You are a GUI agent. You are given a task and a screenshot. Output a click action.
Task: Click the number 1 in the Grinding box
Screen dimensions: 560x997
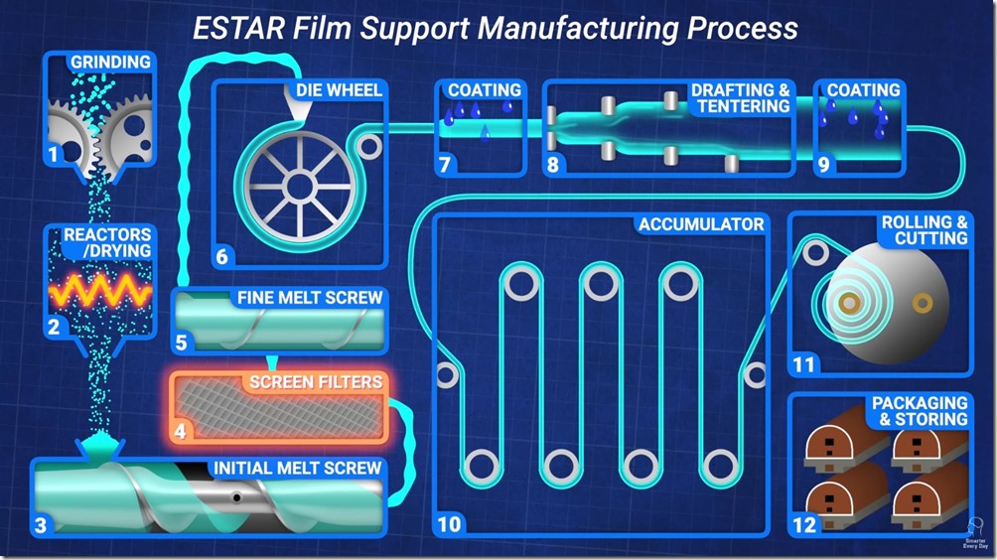53,153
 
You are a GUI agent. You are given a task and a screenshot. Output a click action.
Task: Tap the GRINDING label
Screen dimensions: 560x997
110,63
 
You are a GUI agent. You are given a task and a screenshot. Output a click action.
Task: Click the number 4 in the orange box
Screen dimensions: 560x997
180,431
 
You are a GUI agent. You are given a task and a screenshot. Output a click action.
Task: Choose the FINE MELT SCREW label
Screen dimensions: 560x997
309,297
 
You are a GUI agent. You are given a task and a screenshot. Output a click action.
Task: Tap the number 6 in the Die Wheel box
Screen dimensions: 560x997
221,257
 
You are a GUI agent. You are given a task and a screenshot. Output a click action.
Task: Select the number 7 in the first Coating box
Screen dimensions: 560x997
447,165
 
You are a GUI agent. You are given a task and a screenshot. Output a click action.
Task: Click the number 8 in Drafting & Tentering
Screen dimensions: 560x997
553,165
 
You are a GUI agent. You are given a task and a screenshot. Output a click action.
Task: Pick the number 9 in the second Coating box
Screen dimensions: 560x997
823,165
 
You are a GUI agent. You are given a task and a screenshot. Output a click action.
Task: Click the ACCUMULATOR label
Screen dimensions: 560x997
701,224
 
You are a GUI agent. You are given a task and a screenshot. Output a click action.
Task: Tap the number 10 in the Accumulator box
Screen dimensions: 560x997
449,524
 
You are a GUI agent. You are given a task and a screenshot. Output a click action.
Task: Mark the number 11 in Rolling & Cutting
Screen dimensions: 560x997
803,365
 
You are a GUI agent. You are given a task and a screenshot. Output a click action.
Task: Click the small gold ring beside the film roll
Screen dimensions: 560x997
922,299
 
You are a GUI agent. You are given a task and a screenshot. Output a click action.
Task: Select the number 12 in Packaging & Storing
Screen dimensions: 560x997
803,524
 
